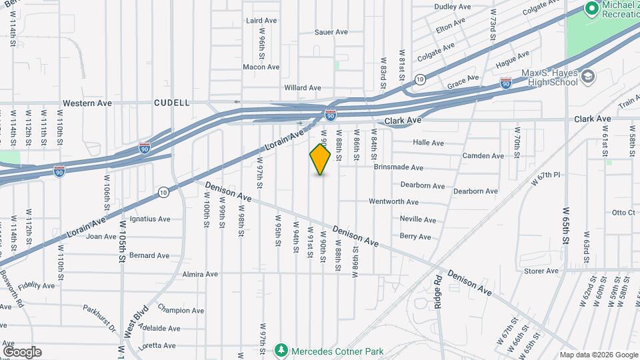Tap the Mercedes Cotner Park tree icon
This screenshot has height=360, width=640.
281,350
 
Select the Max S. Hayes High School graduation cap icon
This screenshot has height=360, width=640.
587,78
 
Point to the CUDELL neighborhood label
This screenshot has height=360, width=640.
172,103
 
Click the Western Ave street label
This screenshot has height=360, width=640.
86,103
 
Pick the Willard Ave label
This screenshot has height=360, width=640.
303,88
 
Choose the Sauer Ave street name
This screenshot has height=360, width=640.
331,31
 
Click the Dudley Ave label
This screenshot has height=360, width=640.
453,7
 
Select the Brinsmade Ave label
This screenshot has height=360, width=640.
398,167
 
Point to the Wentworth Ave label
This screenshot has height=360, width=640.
393,201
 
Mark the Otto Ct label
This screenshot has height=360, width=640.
623,213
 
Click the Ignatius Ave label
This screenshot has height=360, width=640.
150,219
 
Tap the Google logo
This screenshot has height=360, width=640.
22,351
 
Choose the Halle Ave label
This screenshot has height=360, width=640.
428,143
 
